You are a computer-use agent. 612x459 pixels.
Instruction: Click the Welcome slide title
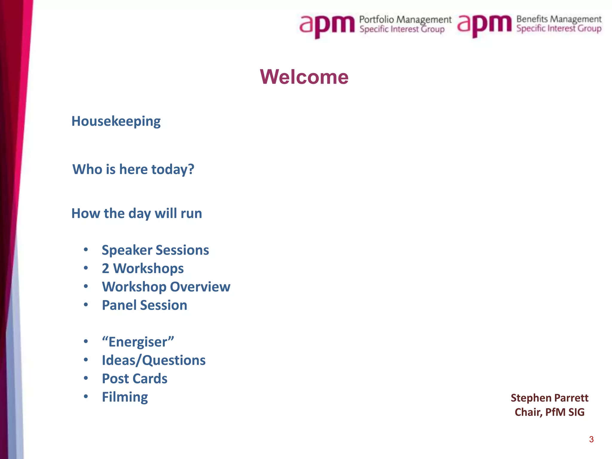(304, 77)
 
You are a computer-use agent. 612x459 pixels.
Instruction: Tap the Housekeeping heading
(116, 121)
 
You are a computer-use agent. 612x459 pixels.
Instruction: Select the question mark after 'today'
(191, 169)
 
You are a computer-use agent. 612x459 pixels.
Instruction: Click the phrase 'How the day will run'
(137, 214)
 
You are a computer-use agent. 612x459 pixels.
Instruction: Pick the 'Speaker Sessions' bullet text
(155, 250)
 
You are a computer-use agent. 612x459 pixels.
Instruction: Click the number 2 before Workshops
(105, 268)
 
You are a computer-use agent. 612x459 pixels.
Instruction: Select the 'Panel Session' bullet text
(144, 305)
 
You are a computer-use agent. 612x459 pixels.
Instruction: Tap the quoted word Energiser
(138, 342)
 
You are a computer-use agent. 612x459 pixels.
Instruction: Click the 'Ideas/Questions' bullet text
(154, 360)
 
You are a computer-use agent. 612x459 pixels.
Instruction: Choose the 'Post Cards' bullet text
(134, 379)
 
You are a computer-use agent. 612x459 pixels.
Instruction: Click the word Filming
(125, 397)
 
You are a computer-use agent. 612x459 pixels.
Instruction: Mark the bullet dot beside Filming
(86, 397)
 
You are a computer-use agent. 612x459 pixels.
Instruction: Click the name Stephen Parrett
(549, 398)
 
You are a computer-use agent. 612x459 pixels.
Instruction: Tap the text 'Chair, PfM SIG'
(549, 412)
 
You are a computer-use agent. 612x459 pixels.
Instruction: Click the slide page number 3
(591, 439)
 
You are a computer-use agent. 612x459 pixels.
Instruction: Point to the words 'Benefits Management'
(559, 19)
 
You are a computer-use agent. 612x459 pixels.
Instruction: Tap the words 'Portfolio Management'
(405, 20)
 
